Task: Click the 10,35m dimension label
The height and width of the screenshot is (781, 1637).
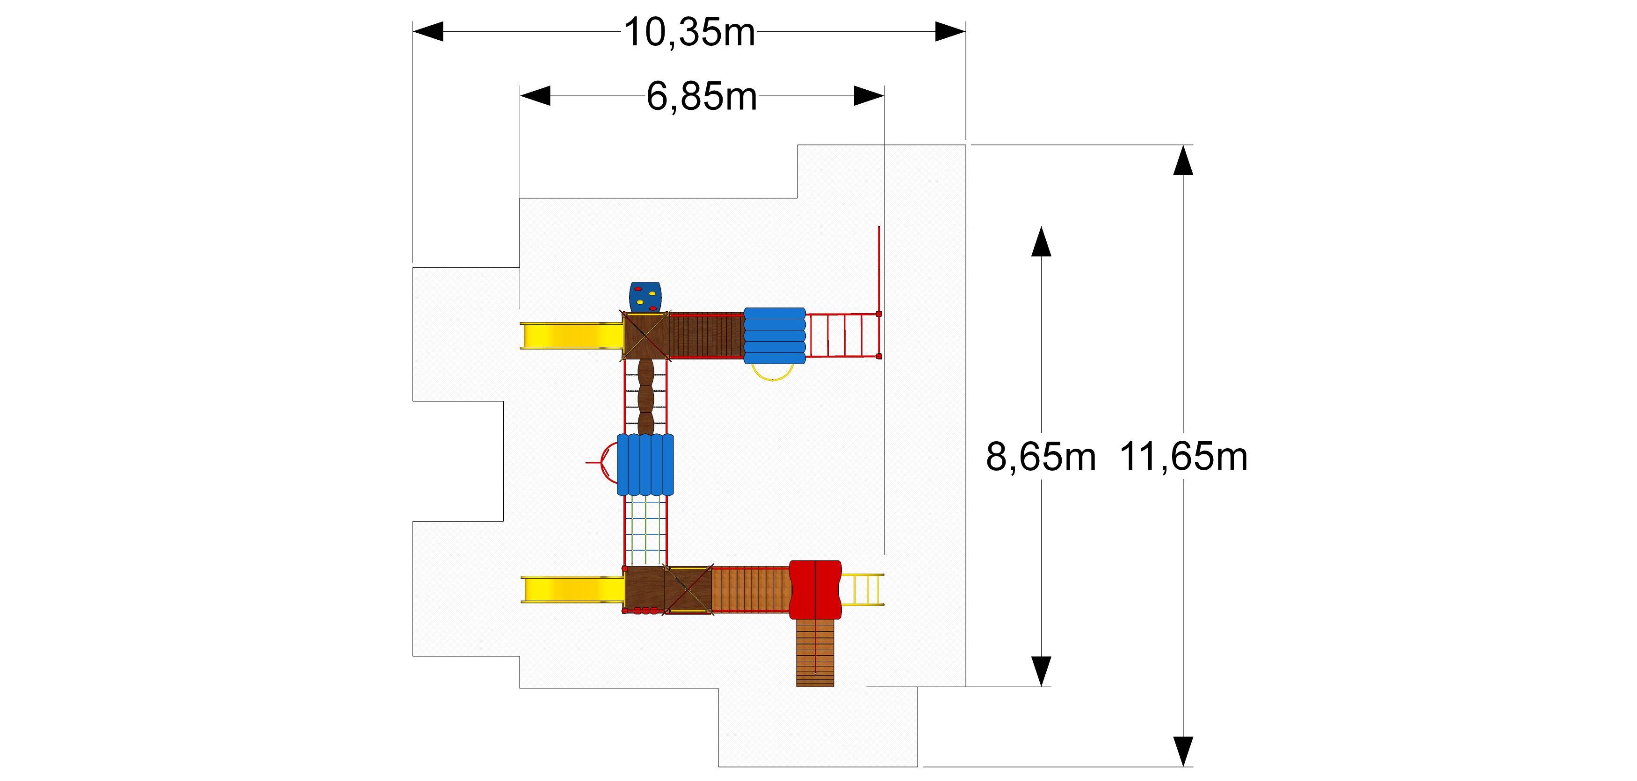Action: [x=689, y=32]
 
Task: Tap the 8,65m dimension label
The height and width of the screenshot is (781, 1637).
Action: [x=1041, y=457]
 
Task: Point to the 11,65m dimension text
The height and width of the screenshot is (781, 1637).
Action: [x=1183, y=457]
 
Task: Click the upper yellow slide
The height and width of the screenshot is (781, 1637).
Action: [x=571, y=335]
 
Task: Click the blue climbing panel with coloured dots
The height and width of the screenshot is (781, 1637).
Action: [x=645, y=296]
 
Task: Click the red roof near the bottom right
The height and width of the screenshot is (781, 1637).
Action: [x=815, y=589]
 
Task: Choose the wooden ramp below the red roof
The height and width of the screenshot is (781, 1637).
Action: [x=815, y=653]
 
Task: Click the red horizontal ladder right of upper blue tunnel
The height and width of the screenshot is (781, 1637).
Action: [x=843, y=335]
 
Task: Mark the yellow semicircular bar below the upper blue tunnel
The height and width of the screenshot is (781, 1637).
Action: [x=773, y=373]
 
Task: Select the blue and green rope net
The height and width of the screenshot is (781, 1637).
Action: [x=645, y=530]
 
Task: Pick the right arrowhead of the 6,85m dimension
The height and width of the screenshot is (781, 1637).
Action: [x=869, y=96]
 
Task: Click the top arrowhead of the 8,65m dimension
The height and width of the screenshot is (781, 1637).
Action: [x=1041, y=241]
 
